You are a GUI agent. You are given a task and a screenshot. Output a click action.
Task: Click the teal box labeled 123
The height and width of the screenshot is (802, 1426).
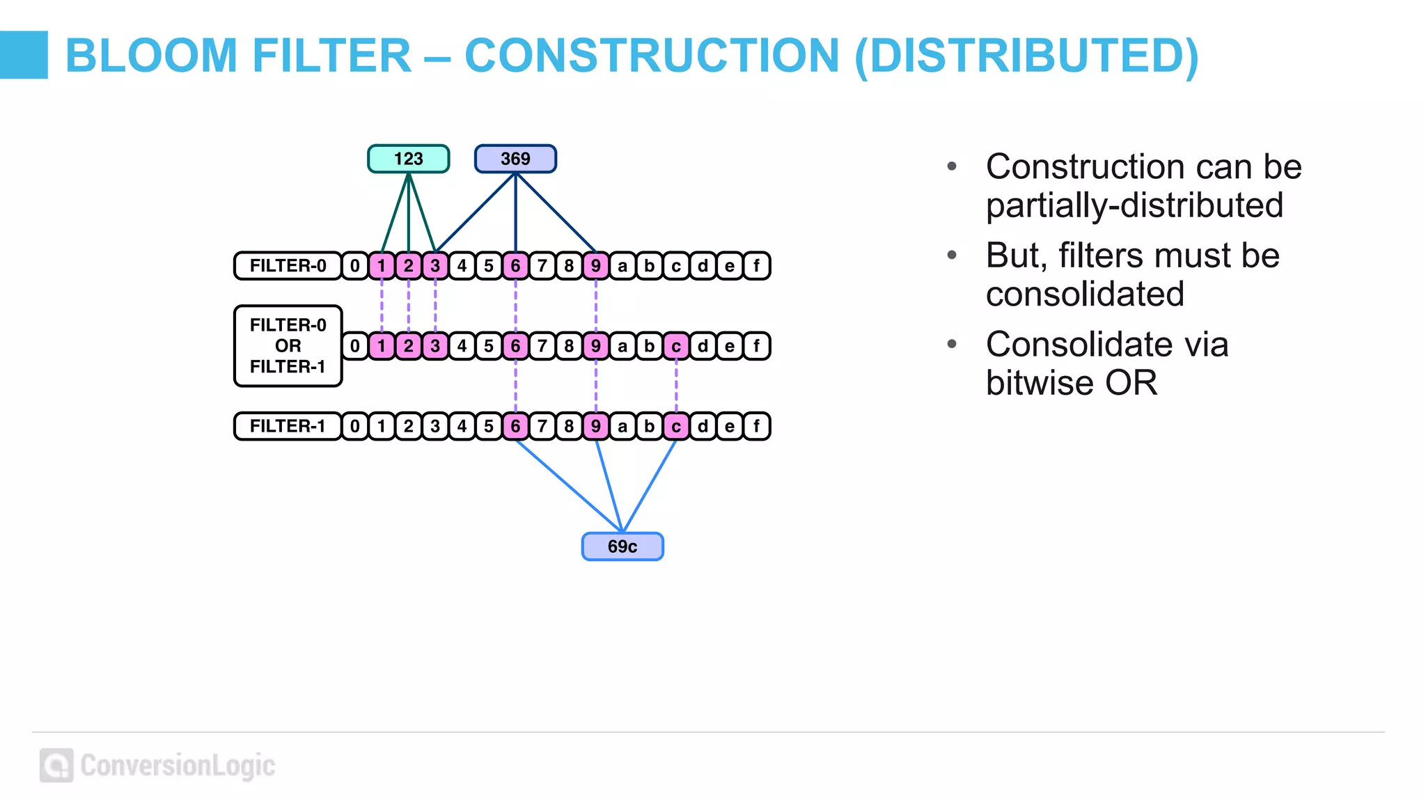pyautogui.click(x=408, y=159)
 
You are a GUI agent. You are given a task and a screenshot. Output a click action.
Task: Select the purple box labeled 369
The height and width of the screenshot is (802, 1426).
pyautogui.click(x=515, y=159)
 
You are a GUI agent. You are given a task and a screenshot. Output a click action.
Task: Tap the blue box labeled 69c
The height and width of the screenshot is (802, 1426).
pyautogui.click(x=622, y=547)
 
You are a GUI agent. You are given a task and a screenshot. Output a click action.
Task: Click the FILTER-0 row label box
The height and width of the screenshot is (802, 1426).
pyautogui.click(x=288, y=266)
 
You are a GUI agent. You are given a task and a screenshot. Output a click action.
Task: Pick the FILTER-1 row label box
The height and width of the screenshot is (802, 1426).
pyautogui.click(x=288, y=426)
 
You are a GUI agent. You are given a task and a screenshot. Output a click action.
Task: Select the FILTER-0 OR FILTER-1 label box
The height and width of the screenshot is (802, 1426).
pyautogui.click(x=288, y=346)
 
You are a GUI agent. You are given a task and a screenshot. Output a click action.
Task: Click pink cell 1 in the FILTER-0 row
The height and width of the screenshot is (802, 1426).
pyautogui.click(x=382, y=266)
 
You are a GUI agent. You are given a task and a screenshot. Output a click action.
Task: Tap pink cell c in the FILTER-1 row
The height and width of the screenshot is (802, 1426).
pyautogui.click(x=676, y=426)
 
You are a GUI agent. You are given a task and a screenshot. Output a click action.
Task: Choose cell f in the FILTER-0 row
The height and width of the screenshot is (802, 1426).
pyautogui.click(x=756, y=266)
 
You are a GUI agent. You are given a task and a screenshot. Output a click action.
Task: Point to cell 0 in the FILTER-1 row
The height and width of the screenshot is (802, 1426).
pyautogui.click(x=355, y=426)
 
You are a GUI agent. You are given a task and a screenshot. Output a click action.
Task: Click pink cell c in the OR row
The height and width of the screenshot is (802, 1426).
pyautogui.click(x=676, y=346)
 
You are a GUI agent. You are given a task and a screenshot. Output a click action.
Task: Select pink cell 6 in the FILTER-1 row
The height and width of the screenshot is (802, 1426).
pyautogui.click(x=515, y=426)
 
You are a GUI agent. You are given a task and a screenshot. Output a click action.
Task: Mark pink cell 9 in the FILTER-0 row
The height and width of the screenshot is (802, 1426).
pyautogui.click(x=596, y=266)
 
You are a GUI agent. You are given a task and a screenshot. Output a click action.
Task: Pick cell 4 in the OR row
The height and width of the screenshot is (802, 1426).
pyautogui.click(x=462, y=346)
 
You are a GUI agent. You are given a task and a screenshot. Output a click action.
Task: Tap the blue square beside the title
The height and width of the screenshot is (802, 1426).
pyautogui.click(x=24, y=54)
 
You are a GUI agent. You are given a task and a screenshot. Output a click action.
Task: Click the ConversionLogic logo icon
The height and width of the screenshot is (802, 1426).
pyautogui.click(x=56, y=765)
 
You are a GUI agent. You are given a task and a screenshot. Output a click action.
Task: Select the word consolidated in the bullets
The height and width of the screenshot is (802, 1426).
pyautogui.click(x=1085, y=294)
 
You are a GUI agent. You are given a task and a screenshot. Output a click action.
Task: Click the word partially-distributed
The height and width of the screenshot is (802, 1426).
pyautogui.click(x=1134, y=205)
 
